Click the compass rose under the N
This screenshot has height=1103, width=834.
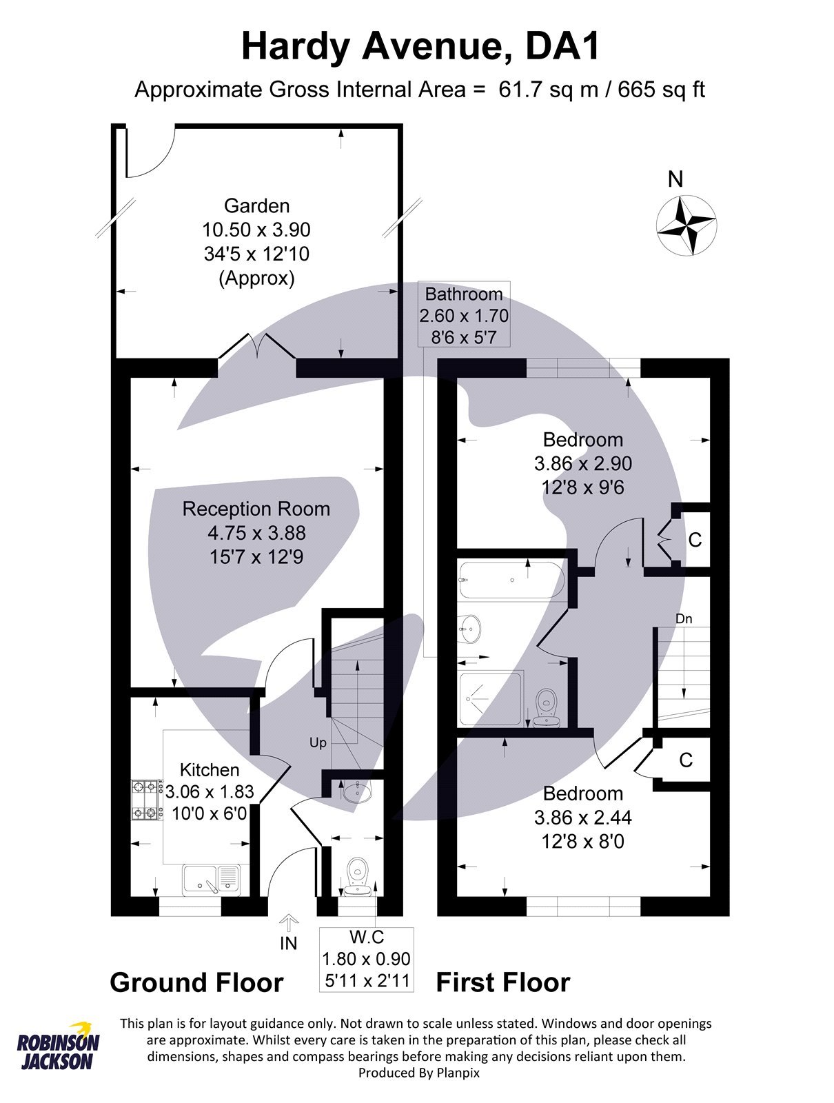click(686, 225)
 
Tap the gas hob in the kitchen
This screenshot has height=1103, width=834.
click(145, 800)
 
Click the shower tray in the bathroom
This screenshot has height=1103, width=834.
click(491, 698)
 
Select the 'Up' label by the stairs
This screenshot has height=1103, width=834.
click(318, 742)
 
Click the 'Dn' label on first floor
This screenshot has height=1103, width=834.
click(684, 619)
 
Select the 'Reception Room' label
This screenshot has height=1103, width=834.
click(256, 509)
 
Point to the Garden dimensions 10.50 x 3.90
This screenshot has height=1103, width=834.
click(256, 230)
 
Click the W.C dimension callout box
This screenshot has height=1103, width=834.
click(367, 959)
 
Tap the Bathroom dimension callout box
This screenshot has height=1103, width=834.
click(464, 315)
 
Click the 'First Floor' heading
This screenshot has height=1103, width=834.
click(503, 982)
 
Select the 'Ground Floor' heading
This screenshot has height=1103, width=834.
click(197, 982)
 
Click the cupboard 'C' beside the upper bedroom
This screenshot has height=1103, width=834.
click(695, 540)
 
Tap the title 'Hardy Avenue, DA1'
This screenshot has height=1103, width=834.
click(420, 47)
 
